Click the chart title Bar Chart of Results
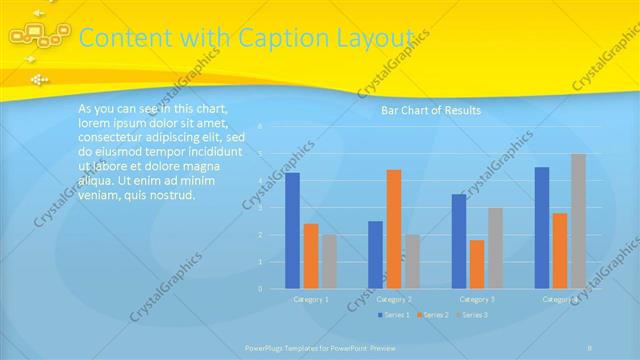(x=431, y=110)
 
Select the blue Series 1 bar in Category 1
(x=292, y=230)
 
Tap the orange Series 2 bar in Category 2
(x=394, y=229)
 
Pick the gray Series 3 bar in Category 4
(x=578, y=221)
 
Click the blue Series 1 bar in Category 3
(x=458, y=241)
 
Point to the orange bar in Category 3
(x=476, y=264)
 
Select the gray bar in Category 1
(x=329, y=262)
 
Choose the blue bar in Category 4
(x=542, y=227)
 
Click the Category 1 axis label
(x=311, y=299)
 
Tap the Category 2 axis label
(x=394, y=299)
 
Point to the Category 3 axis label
(x=477, y=299)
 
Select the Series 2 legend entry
(x=433, y=315)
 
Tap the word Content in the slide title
(x=118, y=38)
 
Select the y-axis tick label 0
(x=260, y=289)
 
